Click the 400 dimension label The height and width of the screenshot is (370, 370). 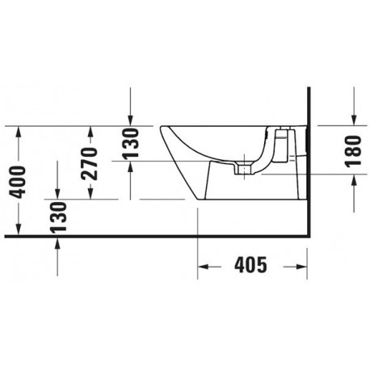(x=17, y=182)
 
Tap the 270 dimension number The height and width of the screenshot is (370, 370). (x=89, y=163)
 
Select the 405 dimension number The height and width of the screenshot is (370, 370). (x=250, y=265)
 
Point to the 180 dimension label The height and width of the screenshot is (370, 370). (x=353, y=151)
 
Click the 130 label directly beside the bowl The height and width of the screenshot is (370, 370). (x=131, y=143)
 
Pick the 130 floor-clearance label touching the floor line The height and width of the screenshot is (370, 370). (x=58, y=217)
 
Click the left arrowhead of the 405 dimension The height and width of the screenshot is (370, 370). (x=204, y=267)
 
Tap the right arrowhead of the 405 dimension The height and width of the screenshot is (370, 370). (x=301, y=267)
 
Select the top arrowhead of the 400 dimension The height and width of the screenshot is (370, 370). (x=19, y=132)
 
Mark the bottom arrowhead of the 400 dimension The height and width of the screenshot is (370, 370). (x=19, y=229)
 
